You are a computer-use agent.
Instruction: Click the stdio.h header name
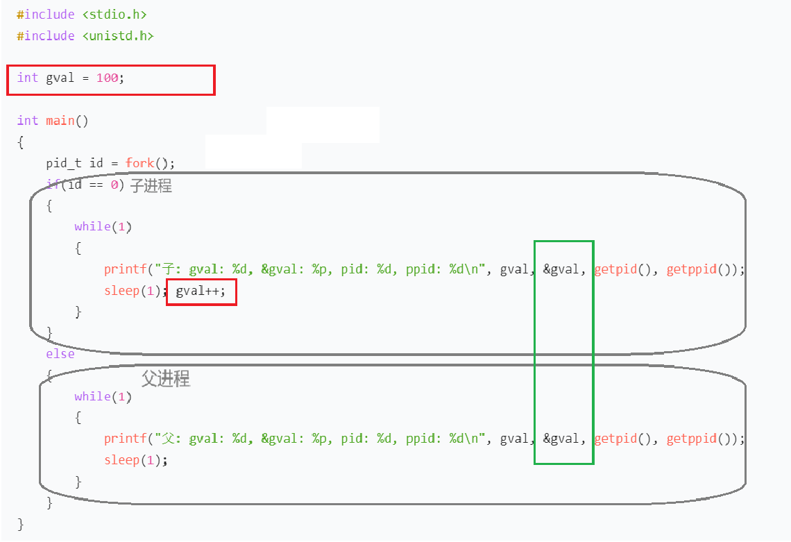coord(114,15)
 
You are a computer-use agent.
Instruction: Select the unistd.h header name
coord(118,36)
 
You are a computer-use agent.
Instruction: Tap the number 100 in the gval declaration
coord(108,78)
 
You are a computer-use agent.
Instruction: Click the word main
coord(60,121)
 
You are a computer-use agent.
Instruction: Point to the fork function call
coord(139,163)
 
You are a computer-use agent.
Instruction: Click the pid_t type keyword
coord(64,164)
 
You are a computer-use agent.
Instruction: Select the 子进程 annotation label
coord(151,186)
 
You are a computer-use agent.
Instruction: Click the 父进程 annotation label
coord(165,378)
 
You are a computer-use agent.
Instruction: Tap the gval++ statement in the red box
coord(201,291)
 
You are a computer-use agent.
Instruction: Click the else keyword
coord(60,354)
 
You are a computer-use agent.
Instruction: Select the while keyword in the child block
coord(92,227)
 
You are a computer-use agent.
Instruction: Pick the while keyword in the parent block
coord(92,397)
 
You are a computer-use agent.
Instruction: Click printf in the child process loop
coord(125,269)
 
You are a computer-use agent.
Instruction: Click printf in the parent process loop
coord(125,439)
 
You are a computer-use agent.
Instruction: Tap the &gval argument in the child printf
coord(561,269)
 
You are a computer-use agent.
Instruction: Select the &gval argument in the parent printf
coord(561,439)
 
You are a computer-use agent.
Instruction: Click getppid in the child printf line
coord(692,269)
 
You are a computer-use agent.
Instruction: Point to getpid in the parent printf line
coord(616,439)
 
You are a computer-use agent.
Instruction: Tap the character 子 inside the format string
coord(168,269)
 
